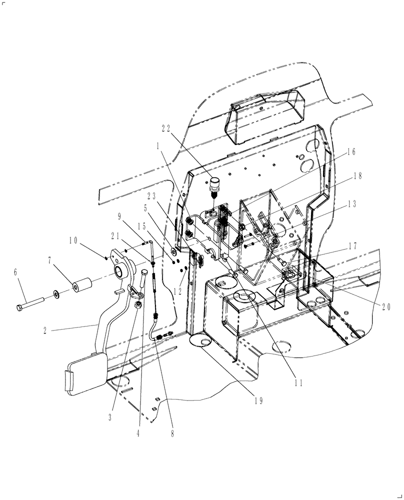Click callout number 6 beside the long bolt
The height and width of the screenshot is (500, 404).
click(15, 271)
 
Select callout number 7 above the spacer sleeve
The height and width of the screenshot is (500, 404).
click(49, 260)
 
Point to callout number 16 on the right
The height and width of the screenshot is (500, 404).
click(350, 152)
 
